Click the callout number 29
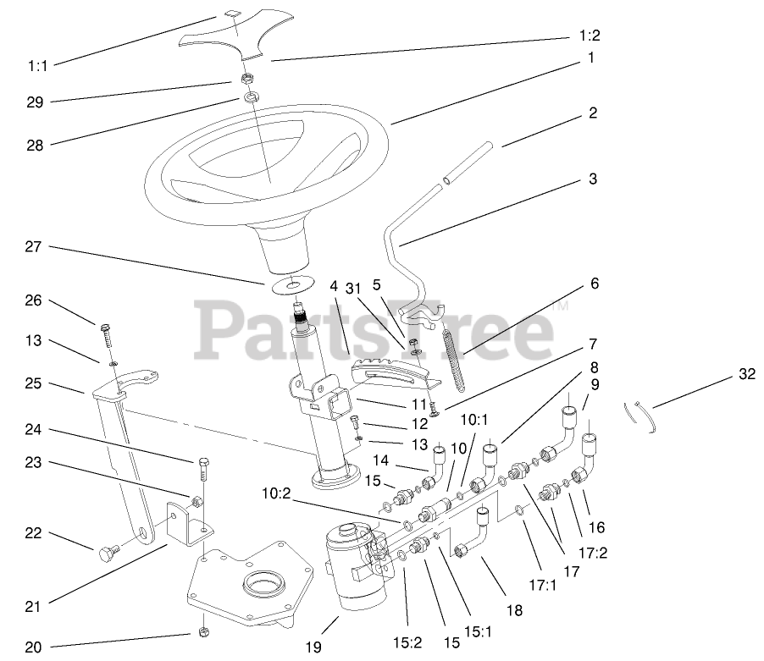pos(34,102)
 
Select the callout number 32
pos(747,373)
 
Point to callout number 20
pos(33,647)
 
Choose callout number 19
pos(314,647)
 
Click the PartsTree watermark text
pos(373,330)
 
